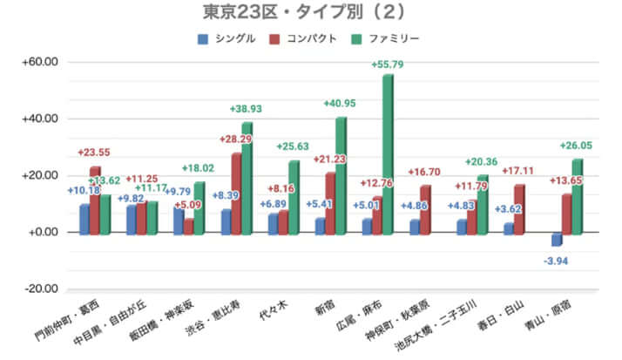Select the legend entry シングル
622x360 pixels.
coord(228,38)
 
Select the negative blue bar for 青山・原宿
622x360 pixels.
coord(556,239)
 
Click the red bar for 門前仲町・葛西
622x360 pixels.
coord(94,200)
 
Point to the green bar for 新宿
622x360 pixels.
coord(341,174)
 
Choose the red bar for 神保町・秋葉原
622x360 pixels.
coord(424,209)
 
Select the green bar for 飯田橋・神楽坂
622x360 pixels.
coord(199,207)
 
